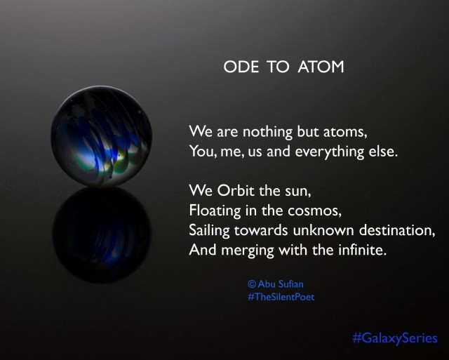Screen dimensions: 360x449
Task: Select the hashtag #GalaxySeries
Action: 395,338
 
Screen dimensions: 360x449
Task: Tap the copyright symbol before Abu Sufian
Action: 252,284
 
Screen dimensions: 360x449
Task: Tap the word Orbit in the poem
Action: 234,190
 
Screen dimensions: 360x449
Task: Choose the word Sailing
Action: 212,229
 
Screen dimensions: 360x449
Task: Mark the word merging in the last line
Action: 248,249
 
